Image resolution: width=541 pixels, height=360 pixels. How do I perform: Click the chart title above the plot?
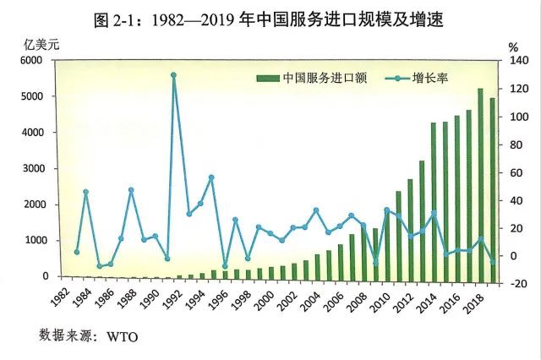270,18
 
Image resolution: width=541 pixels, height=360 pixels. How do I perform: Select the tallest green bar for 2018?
480,182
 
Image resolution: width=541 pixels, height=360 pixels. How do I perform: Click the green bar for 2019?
492,188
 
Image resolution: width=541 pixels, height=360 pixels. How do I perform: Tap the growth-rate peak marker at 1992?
173,74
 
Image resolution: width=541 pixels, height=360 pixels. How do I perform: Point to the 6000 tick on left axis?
30,61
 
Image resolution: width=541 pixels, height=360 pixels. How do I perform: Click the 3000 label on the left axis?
30,169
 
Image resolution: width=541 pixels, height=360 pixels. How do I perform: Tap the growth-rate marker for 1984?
86,192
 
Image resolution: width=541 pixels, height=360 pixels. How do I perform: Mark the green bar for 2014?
434,199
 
